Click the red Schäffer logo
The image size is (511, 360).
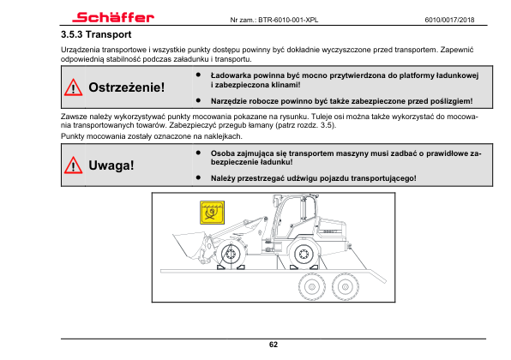[113, 17]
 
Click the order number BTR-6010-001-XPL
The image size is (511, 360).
[288, 20]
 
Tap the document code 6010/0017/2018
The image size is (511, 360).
[449, 20]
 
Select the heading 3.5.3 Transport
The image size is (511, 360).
[96, 34]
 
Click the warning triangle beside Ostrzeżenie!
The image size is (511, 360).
[74, 87]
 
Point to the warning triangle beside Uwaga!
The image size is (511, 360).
[74, 165]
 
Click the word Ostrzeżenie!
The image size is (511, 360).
[127, 87]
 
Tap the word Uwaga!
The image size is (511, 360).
[111, 165]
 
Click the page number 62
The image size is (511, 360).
[274, 345]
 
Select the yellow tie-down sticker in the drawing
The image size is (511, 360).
[212, 213]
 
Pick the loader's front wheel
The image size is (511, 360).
[231, 254]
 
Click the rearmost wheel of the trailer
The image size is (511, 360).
[346, 287]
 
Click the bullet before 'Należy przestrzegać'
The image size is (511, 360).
[198, 177]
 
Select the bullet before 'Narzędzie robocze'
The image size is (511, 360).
[198, 100]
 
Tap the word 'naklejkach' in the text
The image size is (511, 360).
[223, 136]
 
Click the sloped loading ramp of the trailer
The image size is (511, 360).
[377, 275]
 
